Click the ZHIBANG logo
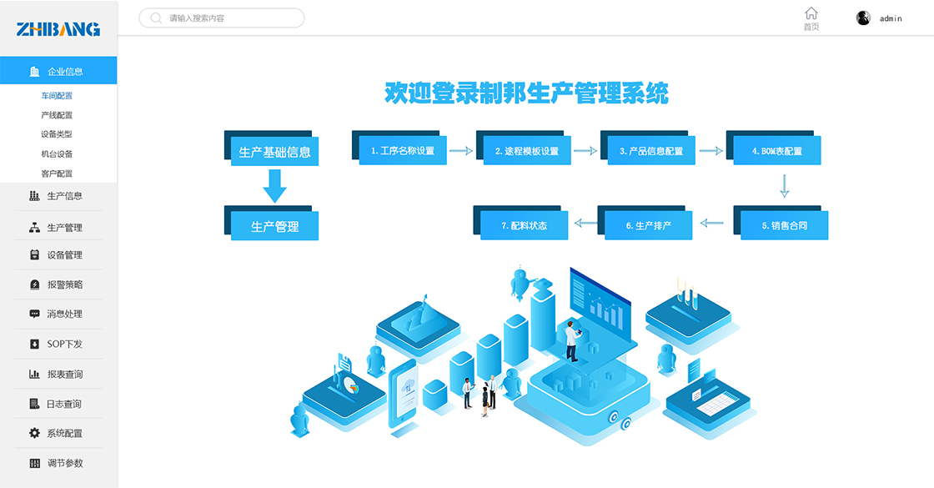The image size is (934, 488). click(58, 29)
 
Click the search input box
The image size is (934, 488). click(222, 18)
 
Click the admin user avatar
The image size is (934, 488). click(863, 18)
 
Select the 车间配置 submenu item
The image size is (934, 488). click(57, 96)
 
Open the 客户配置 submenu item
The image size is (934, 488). click(57, 174)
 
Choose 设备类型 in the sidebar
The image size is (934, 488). click(57, 134)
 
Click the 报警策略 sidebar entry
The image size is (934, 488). click(64, 284)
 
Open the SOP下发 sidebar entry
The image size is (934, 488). click(64, 344)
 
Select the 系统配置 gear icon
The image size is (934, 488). click(34, 433)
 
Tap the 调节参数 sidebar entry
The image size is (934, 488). click(64, 463)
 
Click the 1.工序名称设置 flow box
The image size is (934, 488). click(403, 151)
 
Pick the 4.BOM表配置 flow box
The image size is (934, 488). click(776, 151)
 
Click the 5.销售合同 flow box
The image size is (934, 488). click(784, 225)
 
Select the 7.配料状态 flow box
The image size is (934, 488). click(525, 225)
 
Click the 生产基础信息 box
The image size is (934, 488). click(274, 152)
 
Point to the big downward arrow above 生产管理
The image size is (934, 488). click(274, 185)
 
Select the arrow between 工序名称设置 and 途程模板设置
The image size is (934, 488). click(460, 151)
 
